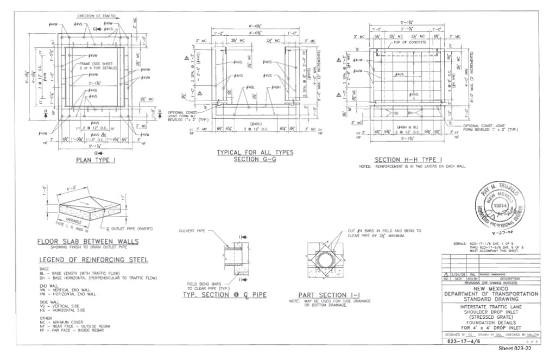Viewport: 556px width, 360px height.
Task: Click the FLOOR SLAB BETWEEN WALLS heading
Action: coord(87,242)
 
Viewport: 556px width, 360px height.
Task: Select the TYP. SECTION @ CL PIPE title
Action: coord(222,295)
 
